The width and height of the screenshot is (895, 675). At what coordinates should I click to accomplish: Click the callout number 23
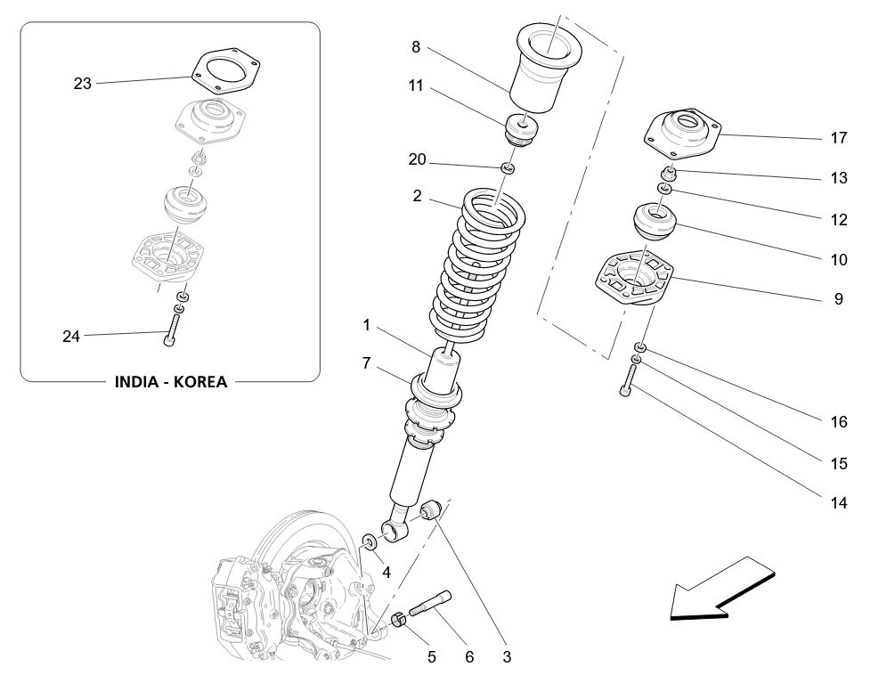click(82, 84)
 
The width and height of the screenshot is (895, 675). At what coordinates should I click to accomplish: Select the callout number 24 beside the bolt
click(71, 337)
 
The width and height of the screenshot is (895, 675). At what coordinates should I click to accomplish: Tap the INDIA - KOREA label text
click(171, 382)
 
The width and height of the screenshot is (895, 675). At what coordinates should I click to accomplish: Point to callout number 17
click(838, 138)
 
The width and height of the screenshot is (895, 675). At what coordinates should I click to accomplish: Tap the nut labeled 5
click(400, 621)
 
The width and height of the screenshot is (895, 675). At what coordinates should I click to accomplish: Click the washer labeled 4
click(369, 541)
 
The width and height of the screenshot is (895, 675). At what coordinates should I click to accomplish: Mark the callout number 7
click(366, 362)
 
